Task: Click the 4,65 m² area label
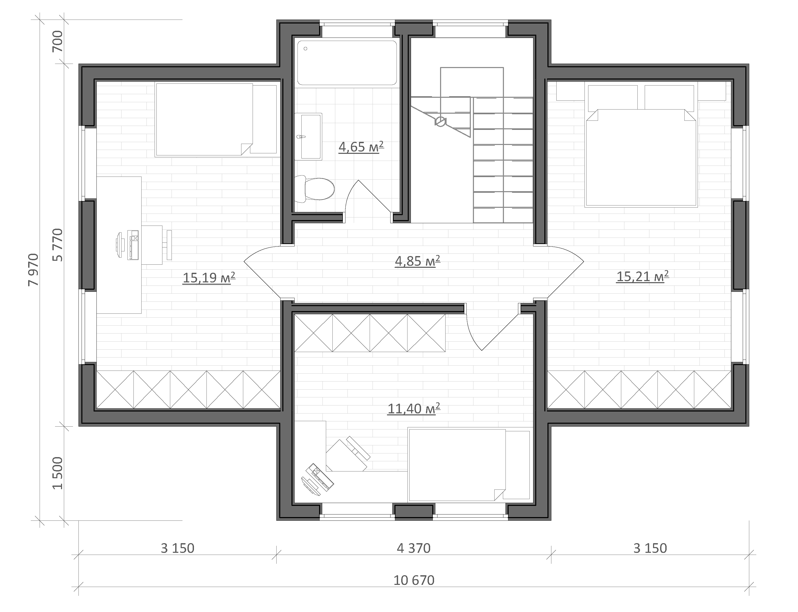pyautogui.click(x=361, y=147)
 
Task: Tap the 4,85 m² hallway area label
pyautogui.click(x=417, y=261)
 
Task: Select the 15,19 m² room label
pyautogui.click(x=209, y=278)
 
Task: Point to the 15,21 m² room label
pyautogui.click(x=642, y=276)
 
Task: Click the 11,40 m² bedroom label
pyautogui.click(x=414, y=409)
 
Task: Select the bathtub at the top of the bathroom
pyautogui.click(x=347, y=63)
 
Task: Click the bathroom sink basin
pyautogui.click(x=308, y=137)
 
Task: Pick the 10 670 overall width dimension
pyautogui.click(x=414, y=580)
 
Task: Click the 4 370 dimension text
pyautogui.click(x=414, y=548)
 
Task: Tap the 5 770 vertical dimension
pyautogui.click(x=58, y=245)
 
